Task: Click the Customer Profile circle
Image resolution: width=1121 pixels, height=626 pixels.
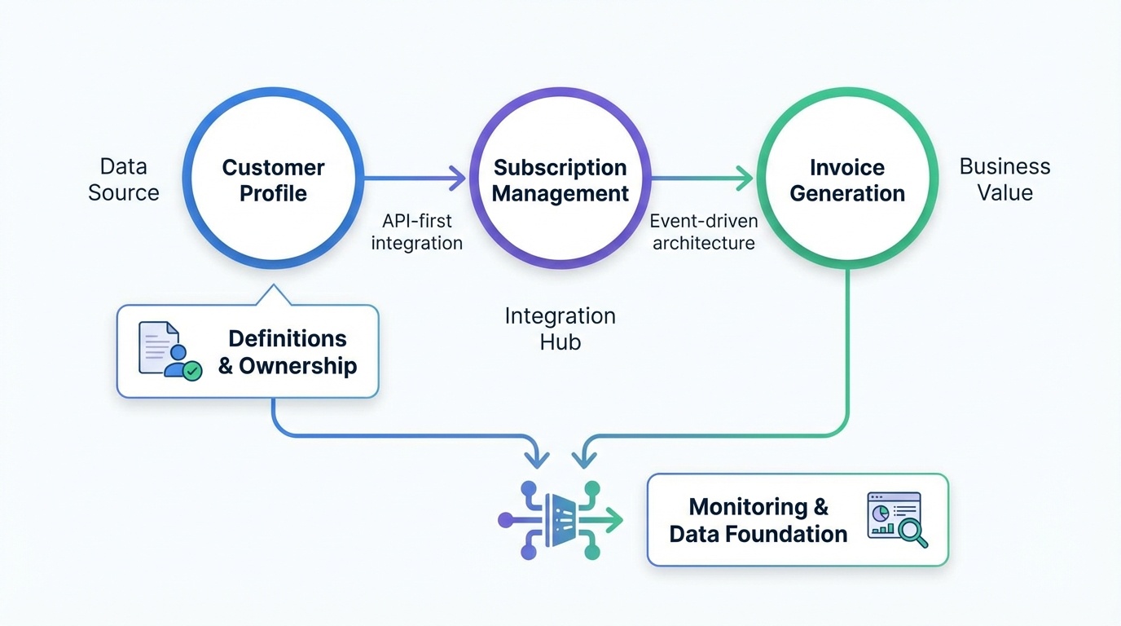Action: (273, 180)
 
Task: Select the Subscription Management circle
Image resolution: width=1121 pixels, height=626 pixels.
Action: (560, 180)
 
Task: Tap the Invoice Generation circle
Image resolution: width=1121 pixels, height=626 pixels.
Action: (847, 180)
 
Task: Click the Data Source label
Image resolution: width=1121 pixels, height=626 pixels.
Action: (124, 179)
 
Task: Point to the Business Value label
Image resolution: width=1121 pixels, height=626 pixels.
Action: (1005, 179)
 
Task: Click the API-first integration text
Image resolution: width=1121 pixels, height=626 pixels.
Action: (417, 231)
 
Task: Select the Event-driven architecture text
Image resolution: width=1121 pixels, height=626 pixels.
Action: (704, 231)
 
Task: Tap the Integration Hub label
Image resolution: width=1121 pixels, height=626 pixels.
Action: (560, 328)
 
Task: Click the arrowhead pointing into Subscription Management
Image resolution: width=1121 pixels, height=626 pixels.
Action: (458, 177)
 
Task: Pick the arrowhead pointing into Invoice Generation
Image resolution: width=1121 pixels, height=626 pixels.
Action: (745, 177)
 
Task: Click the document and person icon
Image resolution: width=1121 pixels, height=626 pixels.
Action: (169, 350)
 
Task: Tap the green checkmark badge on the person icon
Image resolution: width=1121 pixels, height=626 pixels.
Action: (192, 371)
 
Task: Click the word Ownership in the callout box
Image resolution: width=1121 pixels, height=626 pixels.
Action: (297, 366)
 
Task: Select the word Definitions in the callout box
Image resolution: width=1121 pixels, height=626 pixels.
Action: (288, 338)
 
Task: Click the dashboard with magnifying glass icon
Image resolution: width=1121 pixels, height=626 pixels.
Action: (897, 519)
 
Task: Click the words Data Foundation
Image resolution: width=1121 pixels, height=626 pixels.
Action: (758, 534)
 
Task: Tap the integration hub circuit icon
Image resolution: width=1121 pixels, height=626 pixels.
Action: (560, 519)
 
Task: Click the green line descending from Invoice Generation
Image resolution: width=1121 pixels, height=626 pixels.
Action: (848, 350)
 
